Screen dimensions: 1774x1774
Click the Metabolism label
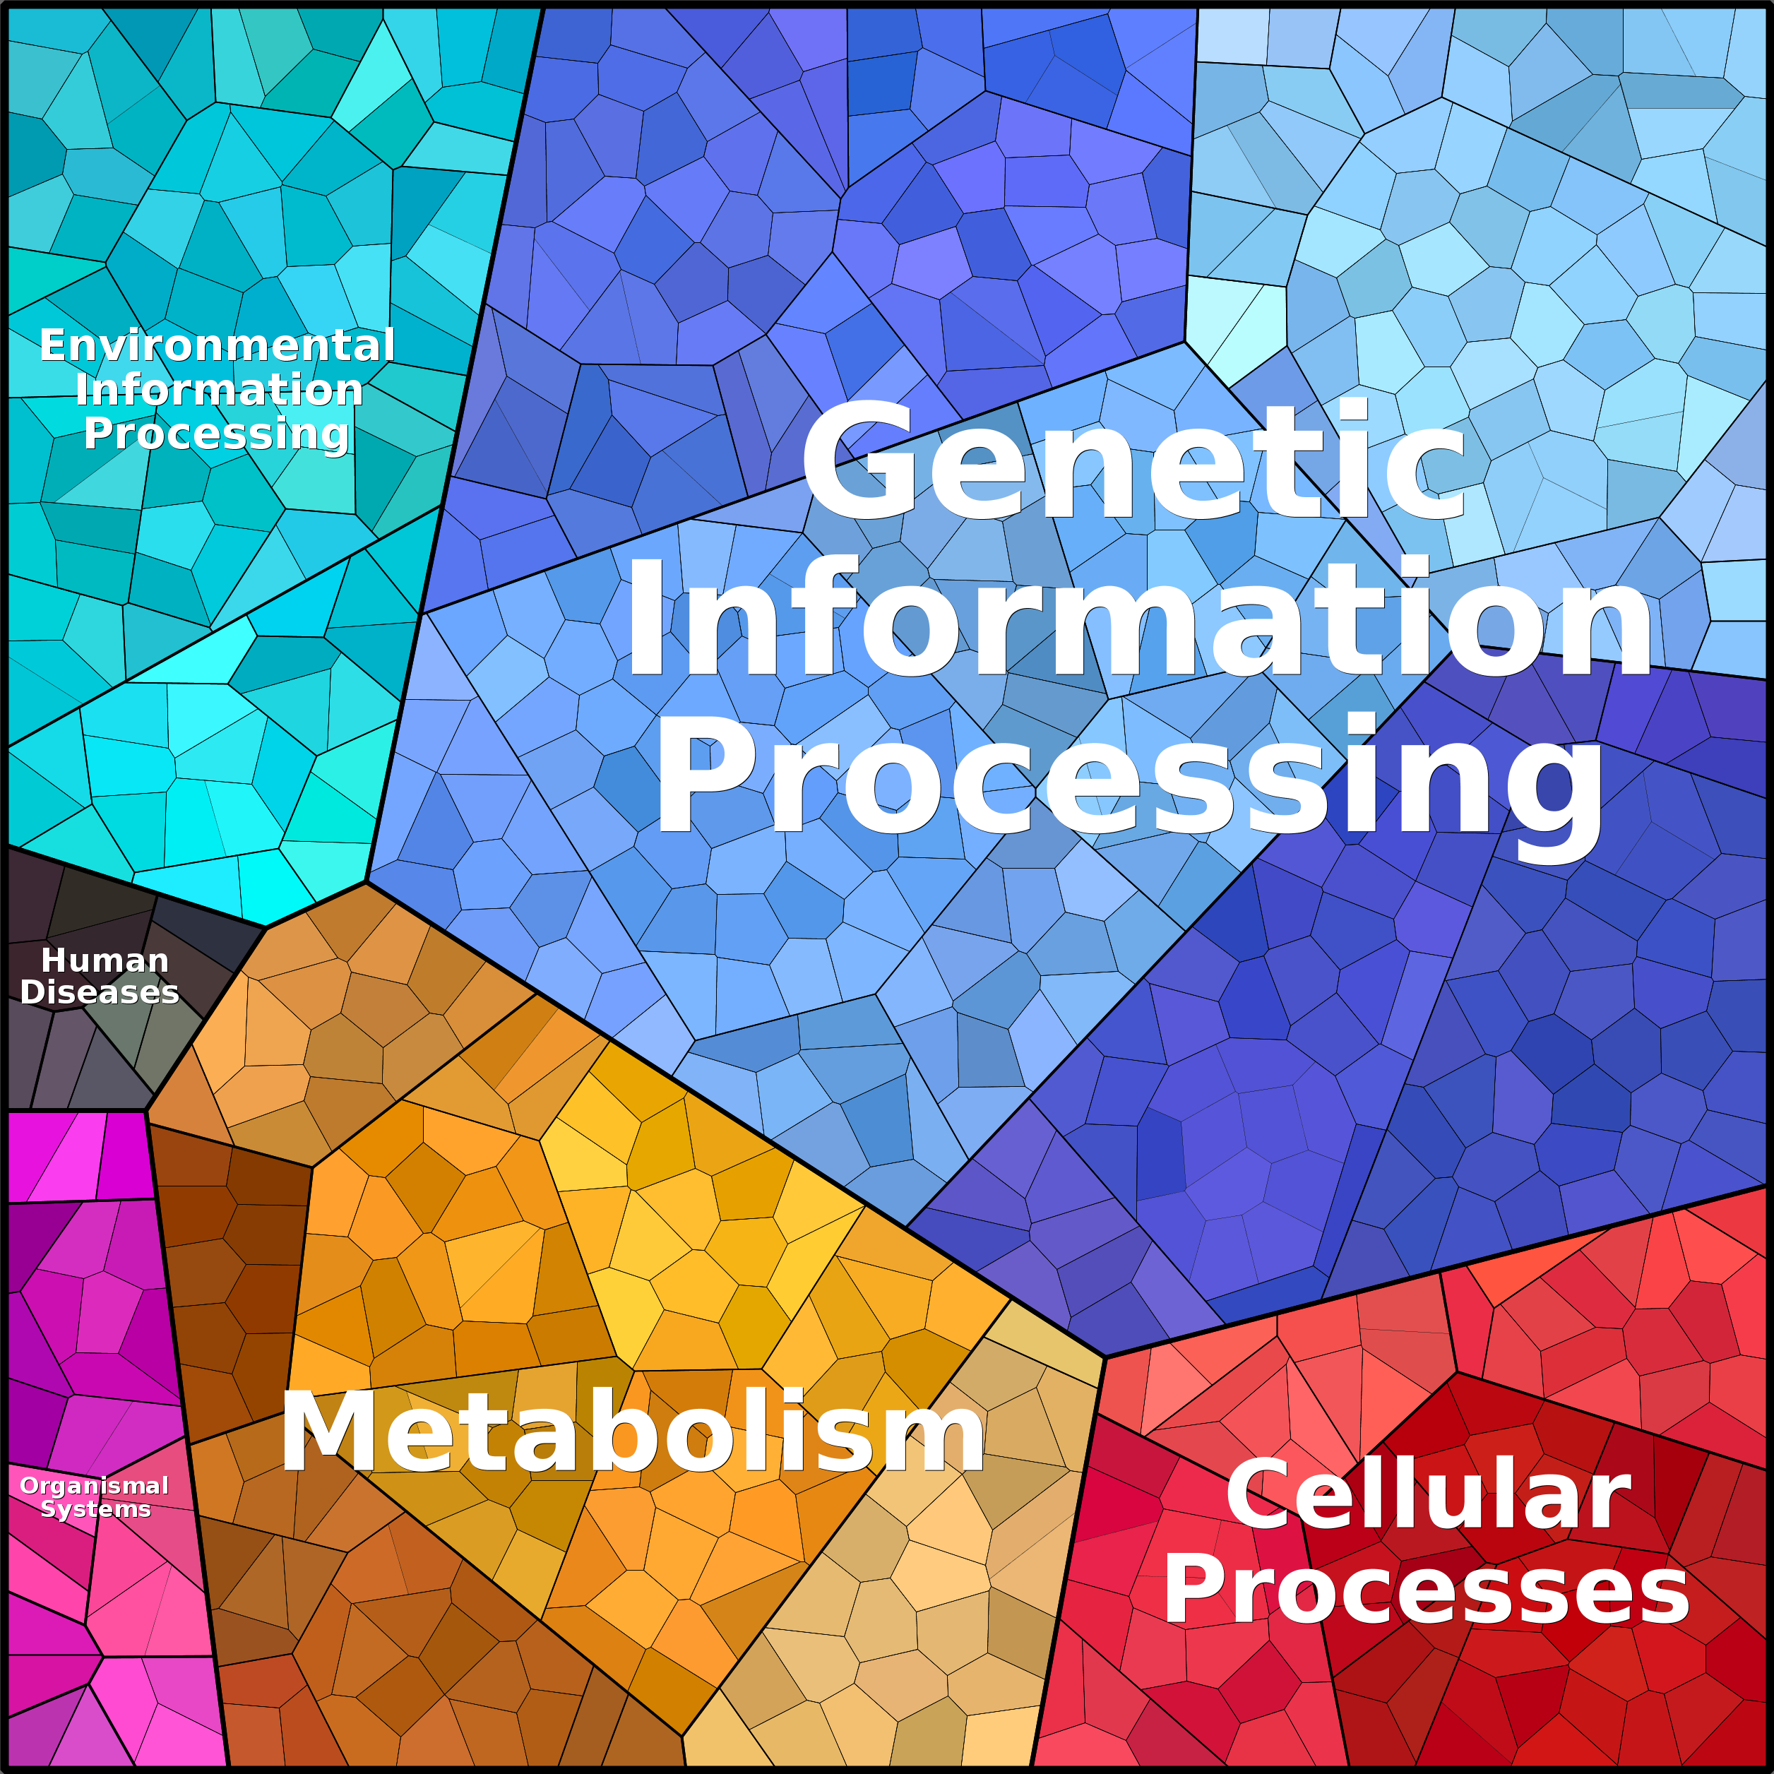click(633, 1432)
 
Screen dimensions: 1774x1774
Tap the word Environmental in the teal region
click(217, 345)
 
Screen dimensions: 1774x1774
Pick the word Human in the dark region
click(105, 960)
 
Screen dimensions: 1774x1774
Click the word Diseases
click(99, 993)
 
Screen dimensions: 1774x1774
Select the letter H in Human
click(54, 960)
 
